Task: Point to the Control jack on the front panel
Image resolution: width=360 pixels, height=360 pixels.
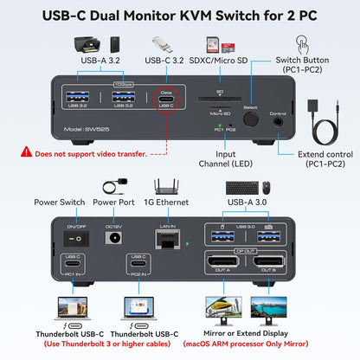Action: (277, 120)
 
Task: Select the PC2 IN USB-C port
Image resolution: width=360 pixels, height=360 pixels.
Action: (137, 263)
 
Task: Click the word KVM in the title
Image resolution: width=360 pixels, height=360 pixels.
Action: (198, 12)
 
